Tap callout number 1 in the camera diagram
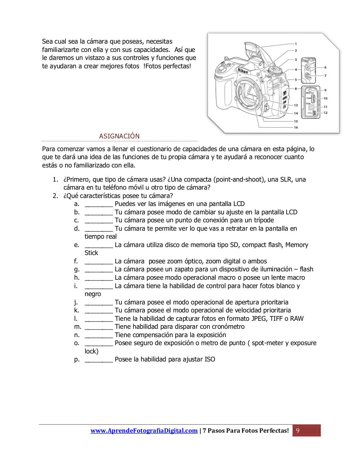(296, 44)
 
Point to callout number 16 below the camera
(296, 128)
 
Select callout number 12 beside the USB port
(325, 113)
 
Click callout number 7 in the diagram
(325, 76)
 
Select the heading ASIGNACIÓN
(119, 136)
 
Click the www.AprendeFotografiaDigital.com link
(144, 430)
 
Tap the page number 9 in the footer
(298, 430)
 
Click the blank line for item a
(99, 204)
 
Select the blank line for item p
(99, 360)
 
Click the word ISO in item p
(210, 359)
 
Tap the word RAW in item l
(297, 319)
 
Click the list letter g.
(76, 270)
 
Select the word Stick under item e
(91, 253)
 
